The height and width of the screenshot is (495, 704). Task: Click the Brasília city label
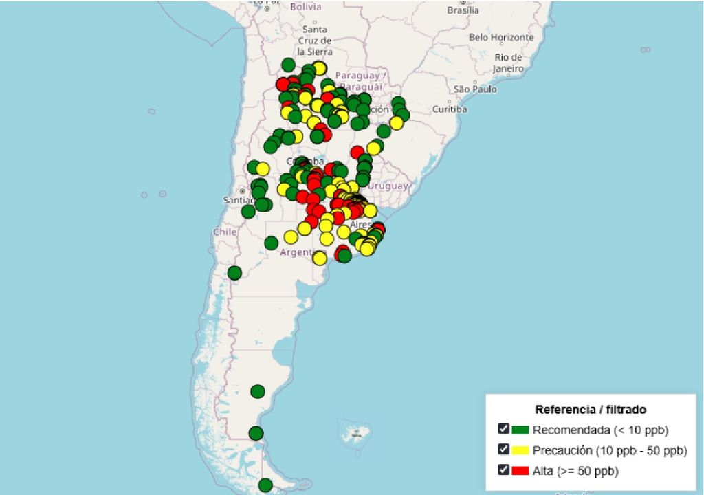click(x=463, y=10)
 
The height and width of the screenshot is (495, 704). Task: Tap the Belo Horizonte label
click(x=501, y=37)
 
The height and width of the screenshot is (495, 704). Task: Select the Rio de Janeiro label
click(x=508, y=63)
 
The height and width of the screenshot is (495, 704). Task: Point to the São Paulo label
click(x=475, y=89)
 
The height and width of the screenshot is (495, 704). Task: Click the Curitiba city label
click(x=450, y=109)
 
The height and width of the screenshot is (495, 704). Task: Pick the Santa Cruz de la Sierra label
click(x=315, y=41)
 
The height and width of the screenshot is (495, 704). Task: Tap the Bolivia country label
click(x=305, y=7)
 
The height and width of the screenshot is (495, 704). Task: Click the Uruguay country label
click(x=388, y=186)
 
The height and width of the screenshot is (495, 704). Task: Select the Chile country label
click(x=225, y=232)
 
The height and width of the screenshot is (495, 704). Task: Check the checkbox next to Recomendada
click(x=504, y=430)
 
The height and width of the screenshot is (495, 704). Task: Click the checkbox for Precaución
click(x=504, y=450)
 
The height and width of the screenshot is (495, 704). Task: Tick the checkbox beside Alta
click(x=504, y=470)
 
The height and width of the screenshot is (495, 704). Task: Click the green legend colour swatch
click(x=520, y=430)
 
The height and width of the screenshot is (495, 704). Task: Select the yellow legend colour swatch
click(x=520, y=451)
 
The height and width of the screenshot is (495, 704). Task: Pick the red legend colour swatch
click(x=520, y=471)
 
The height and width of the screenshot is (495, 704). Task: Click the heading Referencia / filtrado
click(x=591, y=410)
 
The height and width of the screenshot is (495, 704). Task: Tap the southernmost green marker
click(x=265, y=485)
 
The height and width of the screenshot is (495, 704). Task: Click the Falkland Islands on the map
click(x=356, y=432)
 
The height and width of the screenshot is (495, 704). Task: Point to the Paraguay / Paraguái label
click(x=362, y=81)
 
